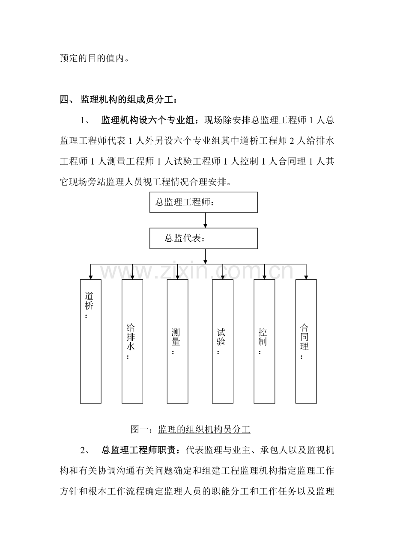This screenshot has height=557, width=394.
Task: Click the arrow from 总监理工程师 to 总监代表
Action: [205, 220]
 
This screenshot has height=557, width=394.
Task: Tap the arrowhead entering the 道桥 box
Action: [91, 277]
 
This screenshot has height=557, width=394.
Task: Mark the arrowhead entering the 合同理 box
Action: [306, 277]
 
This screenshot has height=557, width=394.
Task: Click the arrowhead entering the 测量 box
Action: [177, 277]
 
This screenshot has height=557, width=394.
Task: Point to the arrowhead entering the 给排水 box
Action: [132, 277]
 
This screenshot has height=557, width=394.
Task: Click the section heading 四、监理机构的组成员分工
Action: [119, 100]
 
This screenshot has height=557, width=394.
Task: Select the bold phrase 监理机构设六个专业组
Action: [148, 120]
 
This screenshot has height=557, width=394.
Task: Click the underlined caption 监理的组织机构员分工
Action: [204, 430]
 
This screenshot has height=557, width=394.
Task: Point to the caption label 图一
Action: [140, 430]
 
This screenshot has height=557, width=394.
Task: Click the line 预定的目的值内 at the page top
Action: [95, 58]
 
